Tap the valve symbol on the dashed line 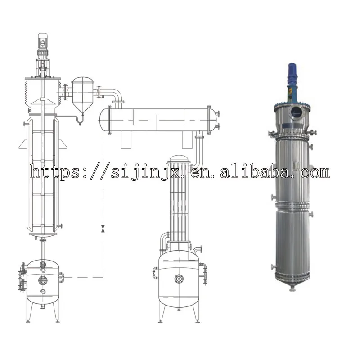point(103,229)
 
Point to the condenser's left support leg point(126,141)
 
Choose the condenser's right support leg point(187,141)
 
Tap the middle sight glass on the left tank point(43,280)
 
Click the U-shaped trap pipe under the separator point(80,120)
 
